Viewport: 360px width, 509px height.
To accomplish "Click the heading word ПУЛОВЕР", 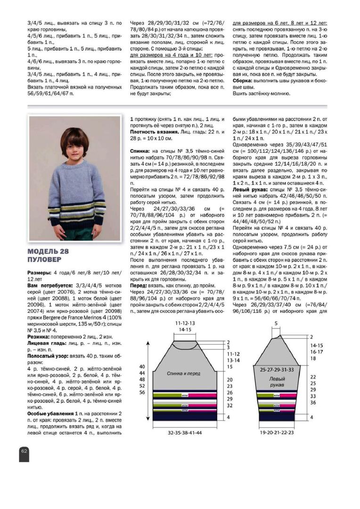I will [44, 259].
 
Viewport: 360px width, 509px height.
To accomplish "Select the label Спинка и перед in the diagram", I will [184, 373].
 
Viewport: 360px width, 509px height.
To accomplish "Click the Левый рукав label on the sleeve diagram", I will [277, 382].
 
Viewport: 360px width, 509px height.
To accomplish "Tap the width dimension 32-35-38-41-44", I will [185, 432].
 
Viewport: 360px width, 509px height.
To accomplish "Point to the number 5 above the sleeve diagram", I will [276, 323].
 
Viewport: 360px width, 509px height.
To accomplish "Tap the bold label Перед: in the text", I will [140, 285].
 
